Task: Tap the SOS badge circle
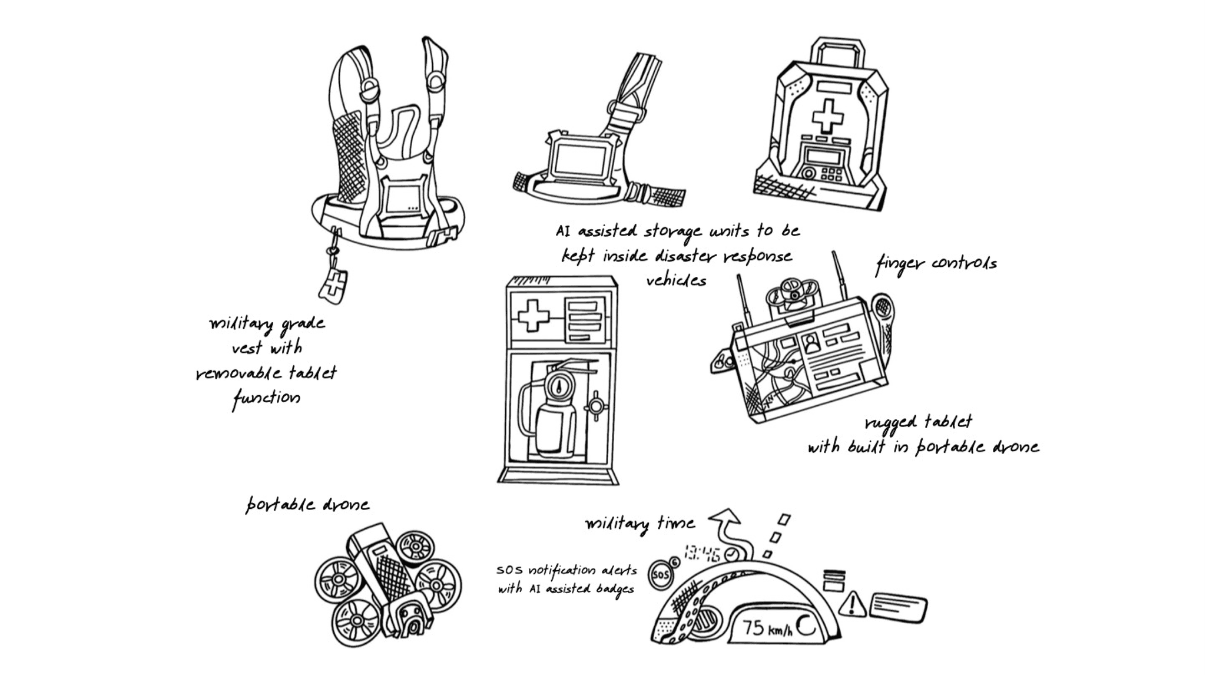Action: point(661,575)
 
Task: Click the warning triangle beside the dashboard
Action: point(852,605)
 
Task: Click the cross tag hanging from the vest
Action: point(333,285)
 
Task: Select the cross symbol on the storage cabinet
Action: point(534,316)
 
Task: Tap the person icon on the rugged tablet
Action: point(811,344)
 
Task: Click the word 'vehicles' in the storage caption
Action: point(676,280)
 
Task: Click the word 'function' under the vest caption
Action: point(266,398)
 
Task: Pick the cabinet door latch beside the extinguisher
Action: point(595,406)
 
